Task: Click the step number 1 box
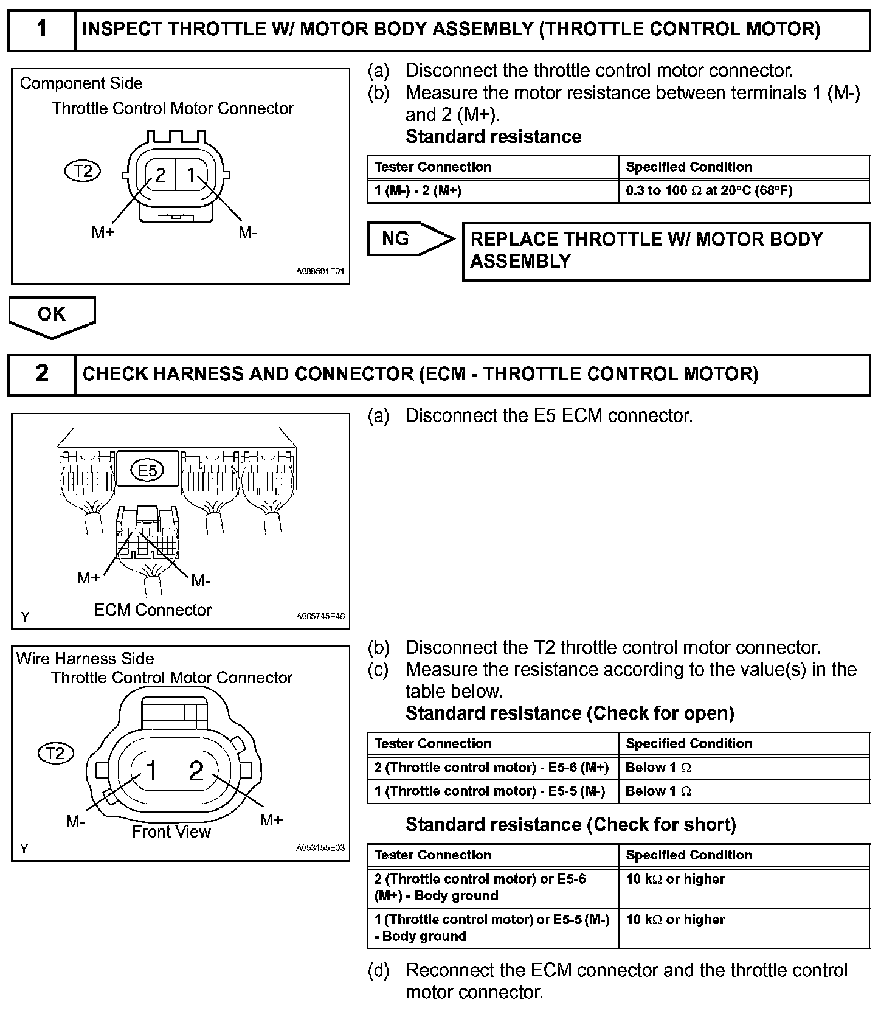point(41,29)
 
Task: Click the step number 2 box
point(41,373)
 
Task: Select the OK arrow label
point(52,314)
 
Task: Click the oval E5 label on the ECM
point(148,470)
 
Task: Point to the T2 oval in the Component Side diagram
point(83,172)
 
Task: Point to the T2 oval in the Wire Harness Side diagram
point(55,754)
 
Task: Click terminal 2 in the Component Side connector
point(161,175)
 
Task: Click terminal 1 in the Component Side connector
point(191,175)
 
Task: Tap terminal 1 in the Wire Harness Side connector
point(151,771)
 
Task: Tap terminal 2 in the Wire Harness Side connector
point(196,771)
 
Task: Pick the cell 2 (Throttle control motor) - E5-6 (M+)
point(492,768)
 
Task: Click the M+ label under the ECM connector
point(88,578)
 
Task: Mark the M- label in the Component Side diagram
point(247,232)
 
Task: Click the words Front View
point(171,831)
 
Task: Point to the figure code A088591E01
point(320,271)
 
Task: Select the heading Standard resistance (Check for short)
point(570,825)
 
